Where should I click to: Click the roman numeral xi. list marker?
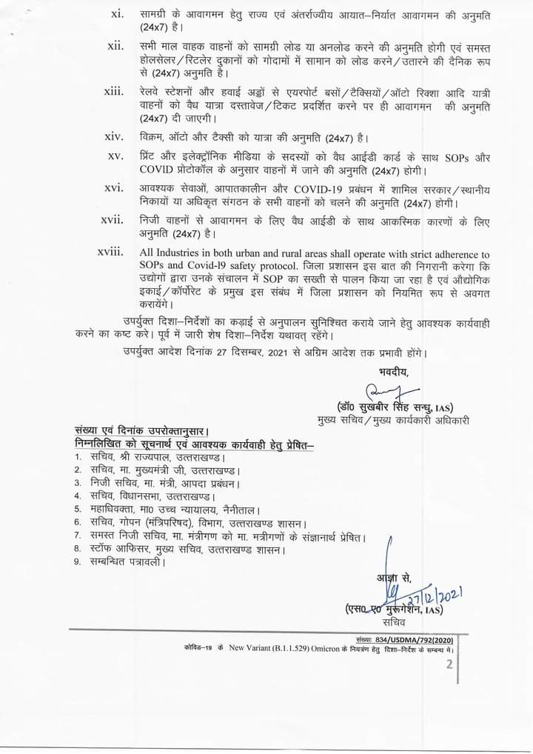117,15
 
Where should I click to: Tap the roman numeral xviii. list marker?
111,253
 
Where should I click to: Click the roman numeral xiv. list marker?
115,139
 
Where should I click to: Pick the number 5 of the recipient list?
77,509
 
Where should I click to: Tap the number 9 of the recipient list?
77,561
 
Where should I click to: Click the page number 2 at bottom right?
449,664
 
